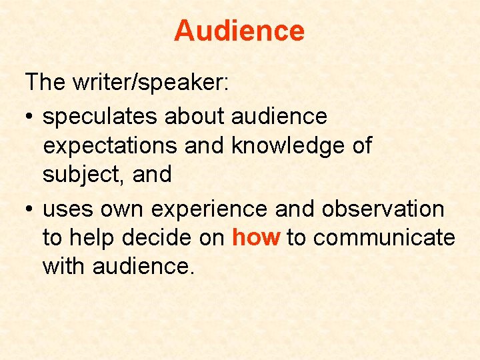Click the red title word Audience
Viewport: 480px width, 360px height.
point(239,31)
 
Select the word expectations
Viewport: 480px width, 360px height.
point(110,146)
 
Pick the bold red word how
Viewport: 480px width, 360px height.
point(256,238)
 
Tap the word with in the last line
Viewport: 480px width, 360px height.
point(64,267)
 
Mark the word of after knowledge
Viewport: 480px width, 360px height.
point(361,146)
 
